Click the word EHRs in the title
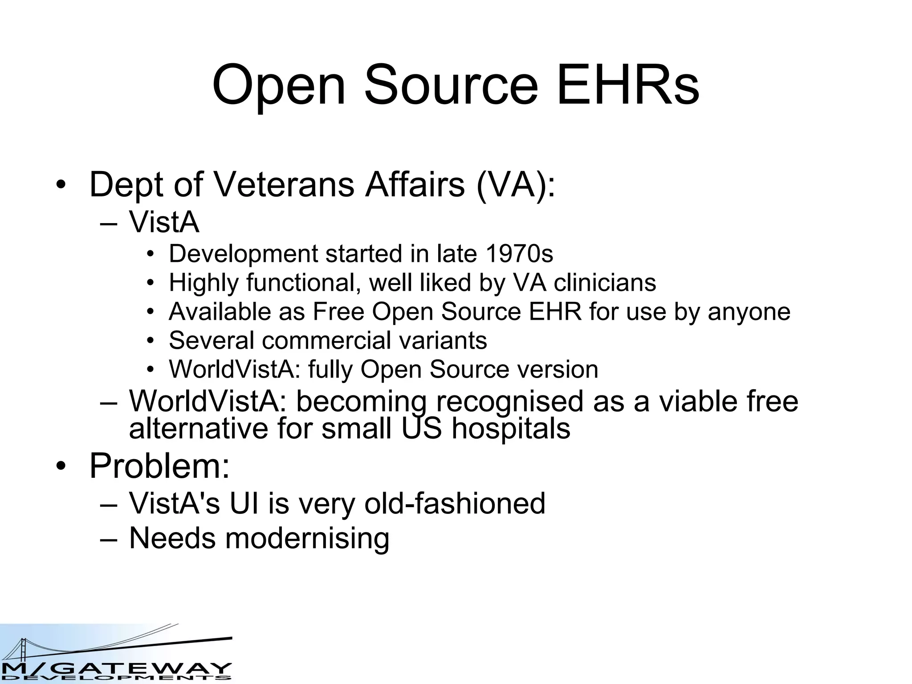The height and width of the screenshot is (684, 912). tap(627, 85)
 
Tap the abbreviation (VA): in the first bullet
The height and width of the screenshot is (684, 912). tap(516, 184)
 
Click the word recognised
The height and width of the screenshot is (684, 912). tap(509, 401)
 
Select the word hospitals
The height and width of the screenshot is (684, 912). tap(511, 429)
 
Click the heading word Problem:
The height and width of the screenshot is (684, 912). tap(159, 466)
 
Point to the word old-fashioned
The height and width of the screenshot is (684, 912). tap(455, 503)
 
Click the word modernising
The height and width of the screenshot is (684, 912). tap(307, 538)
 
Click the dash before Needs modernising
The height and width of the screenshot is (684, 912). tap(109, 539)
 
